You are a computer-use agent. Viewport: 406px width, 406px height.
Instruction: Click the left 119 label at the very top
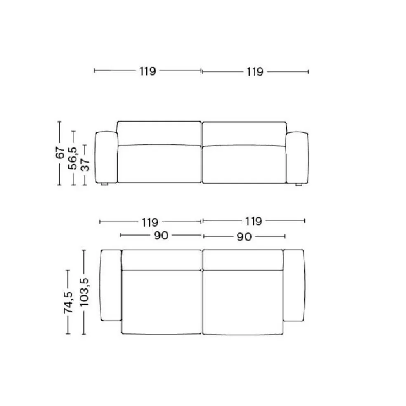(x=148, y=71)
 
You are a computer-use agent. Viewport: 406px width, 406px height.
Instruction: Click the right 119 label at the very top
(x=255, y=72)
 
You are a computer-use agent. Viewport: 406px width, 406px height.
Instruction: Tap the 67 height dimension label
(x=60, y=153)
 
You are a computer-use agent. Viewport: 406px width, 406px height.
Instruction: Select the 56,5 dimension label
(x=73, y=158)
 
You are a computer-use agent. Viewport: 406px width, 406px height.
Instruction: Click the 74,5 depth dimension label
(x=68, y=302)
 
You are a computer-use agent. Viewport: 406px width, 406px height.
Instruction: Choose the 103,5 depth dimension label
(x=84, y=292)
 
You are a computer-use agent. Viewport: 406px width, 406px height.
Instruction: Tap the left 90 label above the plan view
(x=161, y=236)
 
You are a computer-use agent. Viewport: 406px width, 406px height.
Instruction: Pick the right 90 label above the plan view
(x=244, y=237)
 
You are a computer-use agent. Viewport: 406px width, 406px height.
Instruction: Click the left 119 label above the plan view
(x=150, y=222)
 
